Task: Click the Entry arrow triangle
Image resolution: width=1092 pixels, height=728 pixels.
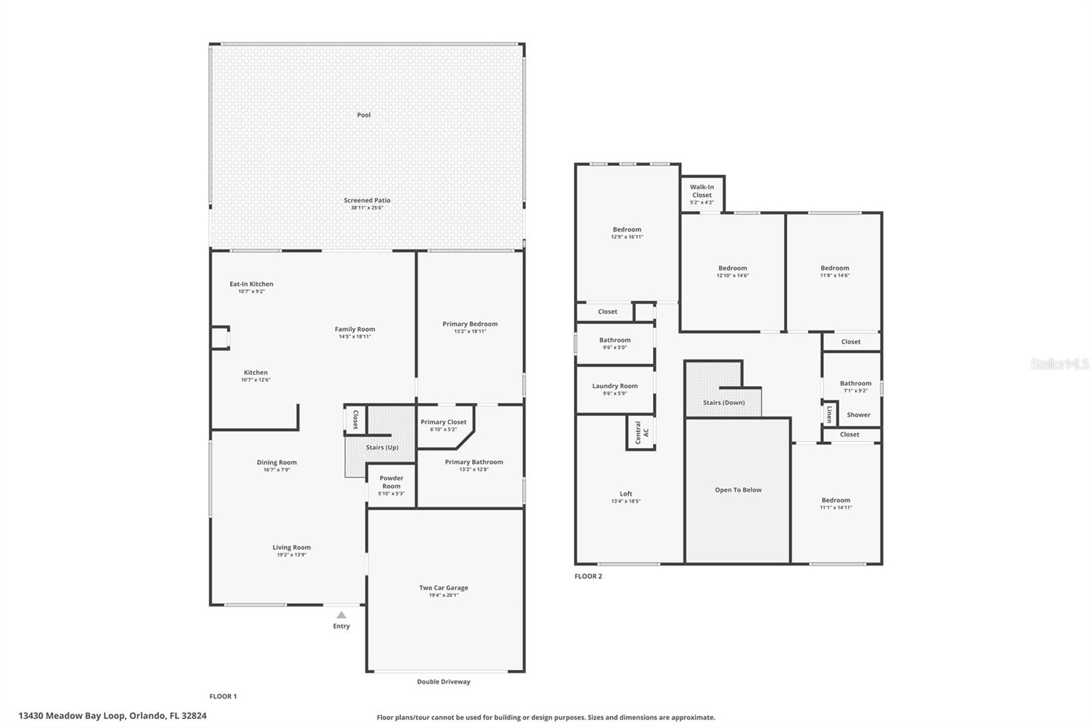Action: [341, 615]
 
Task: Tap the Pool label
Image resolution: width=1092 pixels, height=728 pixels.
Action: [364, 115]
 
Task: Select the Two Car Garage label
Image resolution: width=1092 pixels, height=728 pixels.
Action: [444, 587]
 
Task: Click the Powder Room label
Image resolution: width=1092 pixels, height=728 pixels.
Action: [391, 482]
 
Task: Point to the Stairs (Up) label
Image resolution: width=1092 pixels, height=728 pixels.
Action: [382, 447]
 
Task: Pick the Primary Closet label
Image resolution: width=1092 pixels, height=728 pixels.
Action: [444, 422]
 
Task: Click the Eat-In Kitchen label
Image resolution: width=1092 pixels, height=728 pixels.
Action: [251, 284]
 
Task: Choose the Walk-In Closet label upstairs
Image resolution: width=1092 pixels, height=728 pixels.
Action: [702, 191]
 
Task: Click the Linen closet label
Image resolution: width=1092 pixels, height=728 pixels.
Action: [829, 414]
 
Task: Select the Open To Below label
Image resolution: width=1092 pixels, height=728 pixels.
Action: [738, 490]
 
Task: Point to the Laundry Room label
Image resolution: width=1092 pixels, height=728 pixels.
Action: [615, 386]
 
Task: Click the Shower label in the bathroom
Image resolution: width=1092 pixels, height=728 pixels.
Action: [858, 415]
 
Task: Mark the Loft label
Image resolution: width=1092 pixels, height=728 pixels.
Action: [626, 494]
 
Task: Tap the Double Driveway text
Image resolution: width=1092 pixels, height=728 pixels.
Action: [444, 682]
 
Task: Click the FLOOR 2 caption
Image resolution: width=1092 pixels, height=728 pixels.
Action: [588, 576]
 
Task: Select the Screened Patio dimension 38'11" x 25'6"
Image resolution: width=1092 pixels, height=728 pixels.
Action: [367, 208]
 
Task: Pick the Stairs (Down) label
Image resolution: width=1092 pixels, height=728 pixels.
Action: [723, 402]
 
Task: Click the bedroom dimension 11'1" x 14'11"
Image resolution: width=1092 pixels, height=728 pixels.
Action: [835, 507]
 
